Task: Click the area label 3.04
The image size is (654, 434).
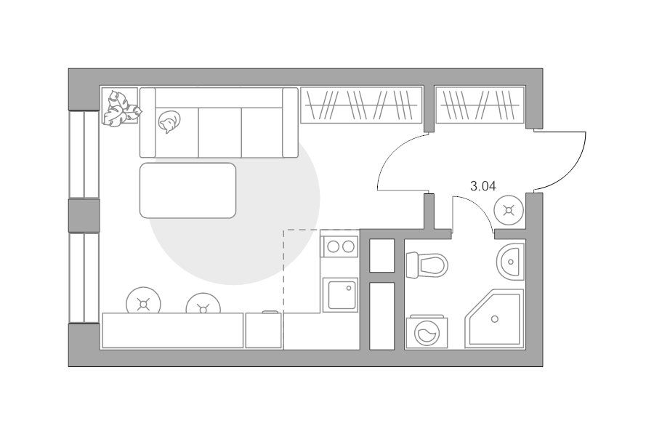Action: click(x=483, y=186)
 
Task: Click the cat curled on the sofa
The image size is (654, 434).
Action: click(x=170, y=121)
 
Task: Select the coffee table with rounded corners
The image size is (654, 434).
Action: click(x=187, y=190)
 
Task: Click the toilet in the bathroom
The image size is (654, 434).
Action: click(x=427, y=265)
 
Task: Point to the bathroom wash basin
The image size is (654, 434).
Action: click(x=511, y=262)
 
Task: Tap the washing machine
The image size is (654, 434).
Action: click(x=427, y=332)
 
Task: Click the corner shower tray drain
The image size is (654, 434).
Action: click(x=495, y=319)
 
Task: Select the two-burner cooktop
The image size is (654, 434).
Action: click(x=340, y=246)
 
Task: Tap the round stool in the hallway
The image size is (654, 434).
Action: click(x=509, y=210)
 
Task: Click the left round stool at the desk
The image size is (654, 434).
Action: click(x=143, y=300)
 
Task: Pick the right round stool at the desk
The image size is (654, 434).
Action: click(x=203, y=303)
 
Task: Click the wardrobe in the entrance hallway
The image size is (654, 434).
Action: click(x=480, y=105)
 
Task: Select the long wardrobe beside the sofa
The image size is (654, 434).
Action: click(x=361, y=105)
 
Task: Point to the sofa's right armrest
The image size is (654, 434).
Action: click(x=290, y=123)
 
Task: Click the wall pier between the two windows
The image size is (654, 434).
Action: click(x=84, y=215)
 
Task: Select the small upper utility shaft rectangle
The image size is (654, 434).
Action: click(x=382, y=256)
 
